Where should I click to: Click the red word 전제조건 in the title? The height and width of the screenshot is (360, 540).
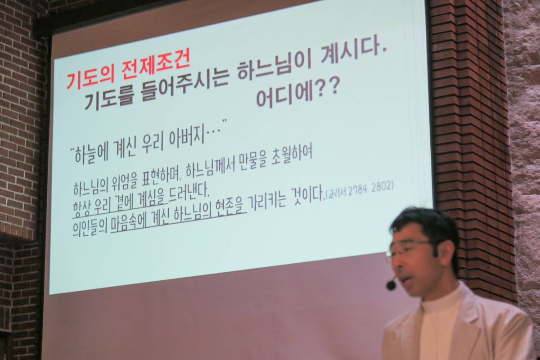click(x=156, y=68)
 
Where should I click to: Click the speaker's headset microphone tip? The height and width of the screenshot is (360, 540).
click(x=391, y=285)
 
